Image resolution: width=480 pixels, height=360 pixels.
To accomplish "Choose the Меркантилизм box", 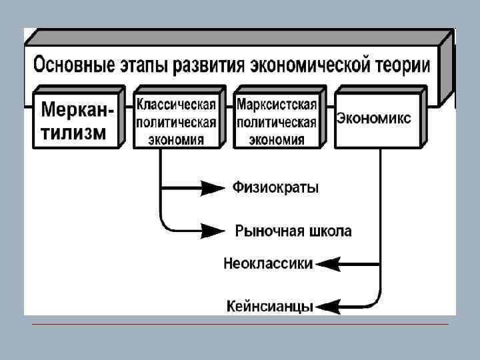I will click(77, 120).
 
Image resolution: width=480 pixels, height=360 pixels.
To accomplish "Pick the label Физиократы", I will click(275, 188).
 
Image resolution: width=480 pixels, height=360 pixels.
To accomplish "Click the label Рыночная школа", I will click(293, 231).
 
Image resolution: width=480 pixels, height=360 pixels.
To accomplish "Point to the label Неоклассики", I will click(267, 263).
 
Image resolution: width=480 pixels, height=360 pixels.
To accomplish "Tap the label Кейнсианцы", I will click(269, 307).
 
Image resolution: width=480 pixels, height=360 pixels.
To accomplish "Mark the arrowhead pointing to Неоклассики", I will click(328, 264).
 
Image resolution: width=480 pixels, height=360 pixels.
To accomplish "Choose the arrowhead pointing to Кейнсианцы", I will click(328, 307).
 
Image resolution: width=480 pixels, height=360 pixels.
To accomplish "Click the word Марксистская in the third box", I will click(277, 106).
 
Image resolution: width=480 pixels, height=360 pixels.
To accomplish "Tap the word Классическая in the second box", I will click(177, 106).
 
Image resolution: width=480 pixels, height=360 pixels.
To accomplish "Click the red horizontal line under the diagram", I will click(240, 325).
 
